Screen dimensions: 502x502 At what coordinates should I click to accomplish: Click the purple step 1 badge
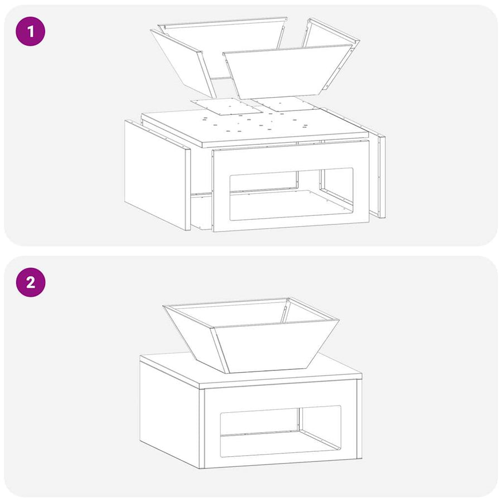pyautogui.click(x=31, y=31)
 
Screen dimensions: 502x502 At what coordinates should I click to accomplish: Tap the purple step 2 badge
pyautogui.click(x=31, y=282)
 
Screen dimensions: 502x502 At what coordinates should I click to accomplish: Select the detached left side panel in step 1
pyautogui.click(x=157, y=175)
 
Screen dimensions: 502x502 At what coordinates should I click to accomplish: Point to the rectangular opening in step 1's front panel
pyautogui.click(x=291, y=194)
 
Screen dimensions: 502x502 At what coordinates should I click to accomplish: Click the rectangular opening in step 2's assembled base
pyautogui.click(x=281, y=432)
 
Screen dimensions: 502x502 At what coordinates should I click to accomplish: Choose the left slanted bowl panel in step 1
pyautogui.click(x=182, y=62)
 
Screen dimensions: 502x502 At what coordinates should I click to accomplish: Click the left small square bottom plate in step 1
pyautogui.click(x=226, y=107)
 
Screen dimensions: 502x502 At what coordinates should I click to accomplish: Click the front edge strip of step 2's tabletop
pyautogui.click(x=281, y=380)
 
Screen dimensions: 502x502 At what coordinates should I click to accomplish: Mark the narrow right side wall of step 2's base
pyautogui.click(x=359, y=419)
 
